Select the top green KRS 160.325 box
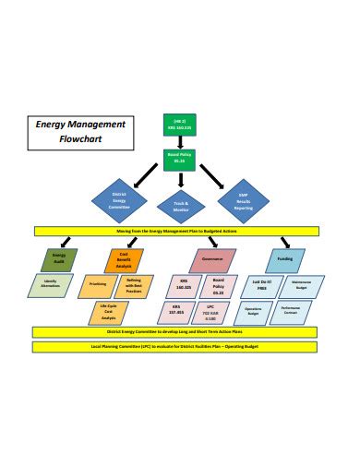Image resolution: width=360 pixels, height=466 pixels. pos(179,125)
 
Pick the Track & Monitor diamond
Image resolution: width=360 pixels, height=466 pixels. pos(180,205)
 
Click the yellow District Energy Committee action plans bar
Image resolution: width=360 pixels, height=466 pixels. pos(179,330)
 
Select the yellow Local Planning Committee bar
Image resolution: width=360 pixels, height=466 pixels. pos(179,347)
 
